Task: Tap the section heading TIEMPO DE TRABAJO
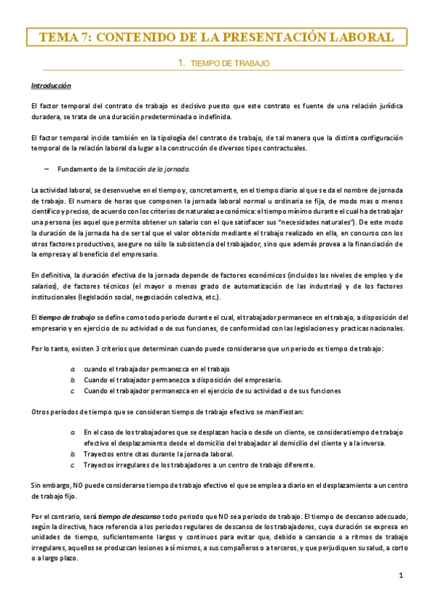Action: (229, 64)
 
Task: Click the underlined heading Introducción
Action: (51, 86)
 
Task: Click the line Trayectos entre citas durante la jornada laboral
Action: (158, 454)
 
